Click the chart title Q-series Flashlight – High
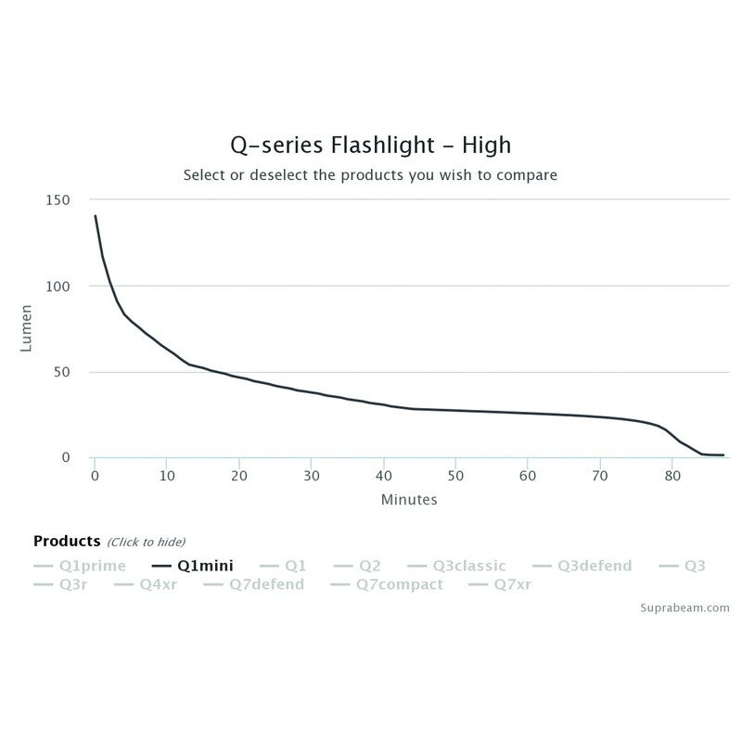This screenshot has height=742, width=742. [x=370, y=146]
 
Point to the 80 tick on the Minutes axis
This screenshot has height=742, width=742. [x=671, y=476]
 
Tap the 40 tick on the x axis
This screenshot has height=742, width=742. [x=382, y=476]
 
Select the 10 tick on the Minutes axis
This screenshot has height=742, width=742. [x=166, y=476]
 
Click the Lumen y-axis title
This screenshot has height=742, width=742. [x=28, y=329]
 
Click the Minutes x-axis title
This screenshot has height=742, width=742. [x=408, y=499]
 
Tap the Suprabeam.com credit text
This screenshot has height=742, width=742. [x=684, y=608]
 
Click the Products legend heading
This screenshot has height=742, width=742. [x=66, y=541]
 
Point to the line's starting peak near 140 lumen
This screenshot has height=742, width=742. [x=95, y=216]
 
